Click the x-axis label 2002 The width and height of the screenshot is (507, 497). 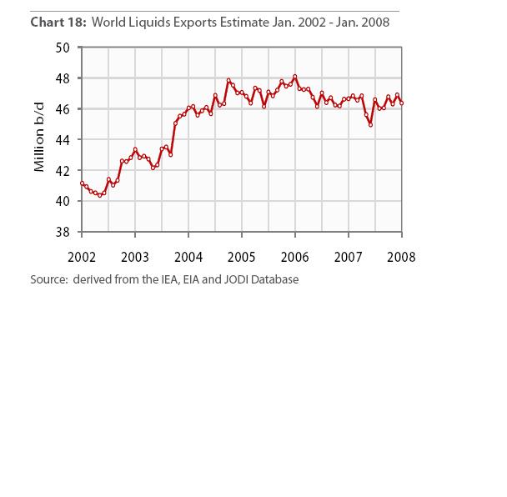(x=82, y=257)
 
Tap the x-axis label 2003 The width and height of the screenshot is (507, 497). (x=135, y=257)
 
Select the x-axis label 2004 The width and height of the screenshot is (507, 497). (x=188, y=257)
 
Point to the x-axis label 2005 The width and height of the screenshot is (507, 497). (x=242, y=257)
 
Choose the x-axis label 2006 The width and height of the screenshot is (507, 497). (x=295, y=257)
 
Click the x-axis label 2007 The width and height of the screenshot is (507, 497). (x=349, y=257)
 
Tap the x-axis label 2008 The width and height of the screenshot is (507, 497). (x=402, y=257)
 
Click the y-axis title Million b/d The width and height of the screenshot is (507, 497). (x=39, y=140)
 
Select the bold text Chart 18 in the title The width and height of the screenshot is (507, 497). (x=56, y=23)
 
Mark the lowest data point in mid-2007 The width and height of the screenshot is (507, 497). (x=370, y=124)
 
